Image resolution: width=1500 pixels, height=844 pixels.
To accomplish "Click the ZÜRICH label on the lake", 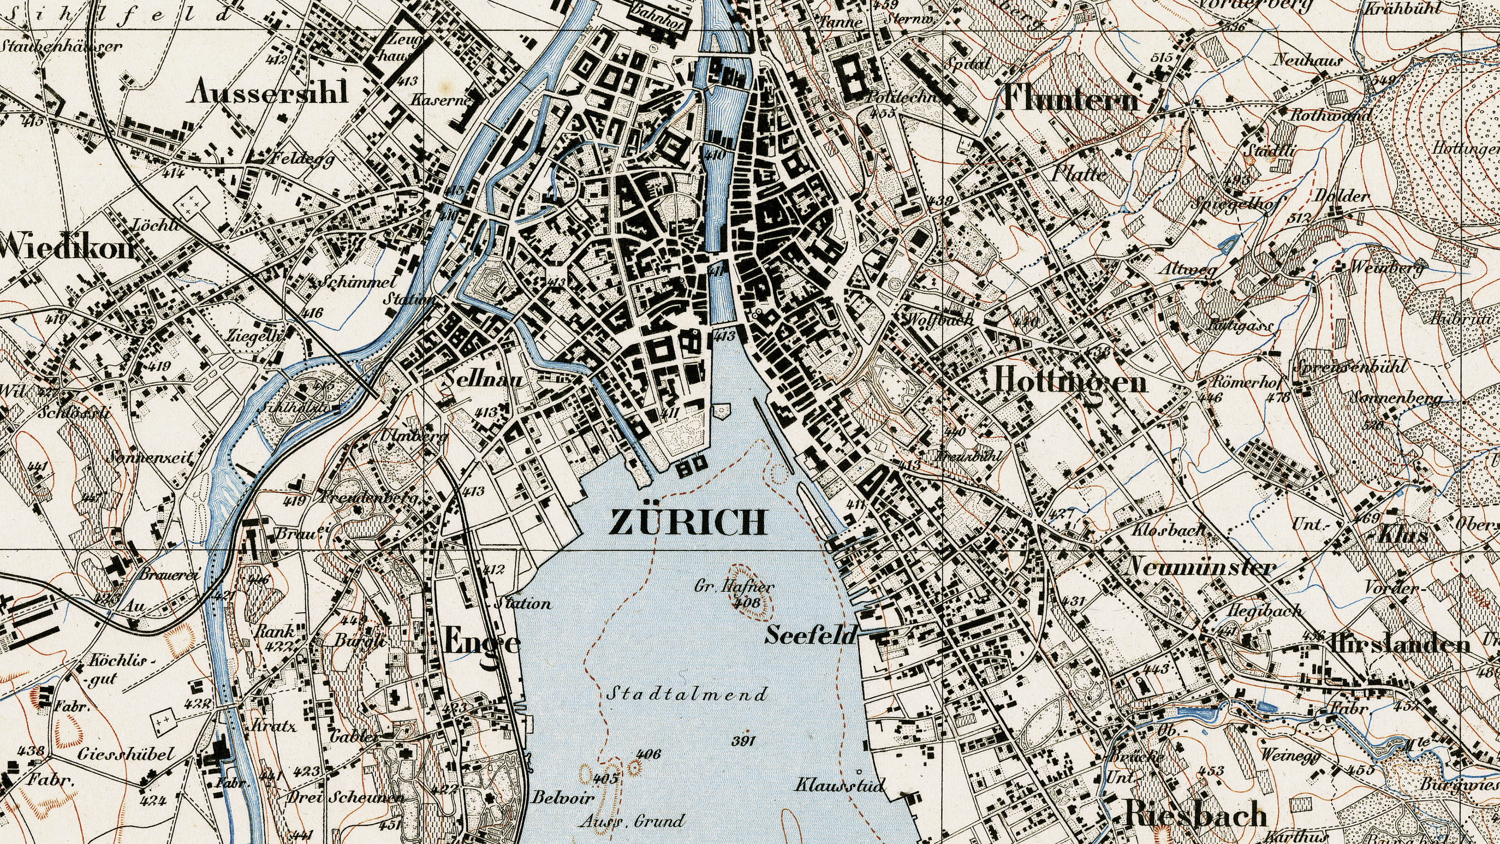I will [688, 522].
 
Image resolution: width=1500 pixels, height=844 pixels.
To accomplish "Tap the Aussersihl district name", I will [269, 92].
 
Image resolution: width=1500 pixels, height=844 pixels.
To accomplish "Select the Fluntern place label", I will [1070, 99].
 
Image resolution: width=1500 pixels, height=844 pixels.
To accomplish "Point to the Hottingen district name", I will [1070, 382].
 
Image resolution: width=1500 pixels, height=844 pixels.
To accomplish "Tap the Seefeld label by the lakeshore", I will [811, 635].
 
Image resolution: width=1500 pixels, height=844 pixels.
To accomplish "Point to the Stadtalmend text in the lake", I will [687, 694].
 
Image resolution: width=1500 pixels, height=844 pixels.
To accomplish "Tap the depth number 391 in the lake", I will [743, 741].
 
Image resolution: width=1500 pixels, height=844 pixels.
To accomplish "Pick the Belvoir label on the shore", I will [563, 798].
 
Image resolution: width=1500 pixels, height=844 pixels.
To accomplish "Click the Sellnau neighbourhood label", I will [483, 380].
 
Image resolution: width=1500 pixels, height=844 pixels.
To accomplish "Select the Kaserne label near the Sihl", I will [439, 100].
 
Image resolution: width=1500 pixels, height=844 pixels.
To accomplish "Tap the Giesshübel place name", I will [126, 754].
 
